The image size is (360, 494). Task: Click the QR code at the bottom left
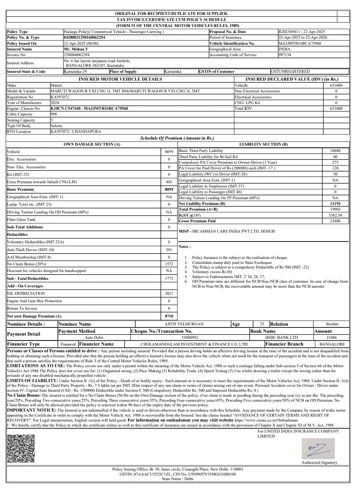21,449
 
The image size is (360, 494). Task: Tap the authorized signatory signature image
318,449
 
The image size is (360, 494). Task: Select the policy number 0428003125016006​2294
84,37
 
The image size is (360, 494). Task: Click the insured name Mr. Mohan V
76,49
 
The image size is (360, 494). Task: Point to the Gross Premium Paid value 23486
335,221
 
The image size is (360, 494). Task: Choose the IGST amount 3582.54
335,215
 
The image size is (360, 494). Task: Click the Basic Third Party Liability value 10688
335,151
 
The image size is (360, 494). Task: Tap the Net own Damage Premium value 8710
169,316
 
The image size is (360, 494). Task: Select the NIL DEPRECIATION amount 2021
169,293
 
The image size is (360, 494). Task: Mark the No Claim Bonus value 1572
169,264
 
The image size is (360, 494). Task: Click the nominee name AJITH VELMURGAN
184,324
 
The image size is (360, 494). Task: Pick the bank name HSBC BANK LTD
282,337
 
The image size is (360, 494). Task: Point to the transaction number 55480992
190,337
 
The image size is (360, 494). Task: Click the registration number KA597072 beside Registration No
60,97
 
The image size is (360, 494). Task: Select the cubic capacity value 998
54,114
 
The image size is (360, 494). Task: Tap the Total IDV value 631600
336,108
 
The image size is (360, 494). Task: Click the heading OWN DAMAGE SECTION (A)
92,144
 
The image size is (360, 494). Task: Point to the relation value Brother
332,324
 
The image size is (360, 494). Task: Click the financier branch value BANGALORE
332,344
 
